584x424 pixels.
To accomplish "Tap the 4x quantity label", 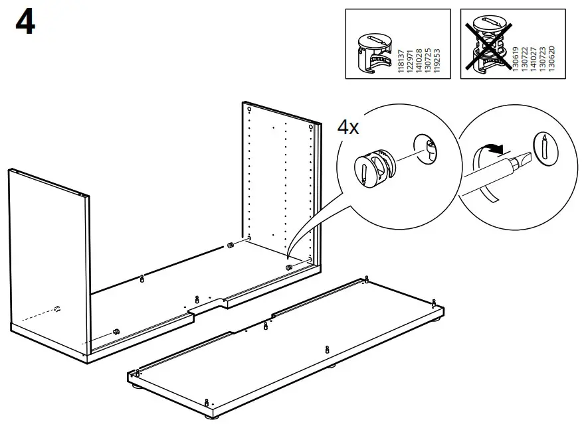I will [x=348, y=127].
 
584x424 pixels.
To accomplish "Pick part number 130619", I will [x=515, y=60].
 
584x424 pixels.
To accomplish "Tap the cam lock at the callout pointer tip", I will [x=289, y=267].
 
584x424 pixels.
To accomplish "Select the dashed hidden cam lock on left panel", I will [x=57, y=308].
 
